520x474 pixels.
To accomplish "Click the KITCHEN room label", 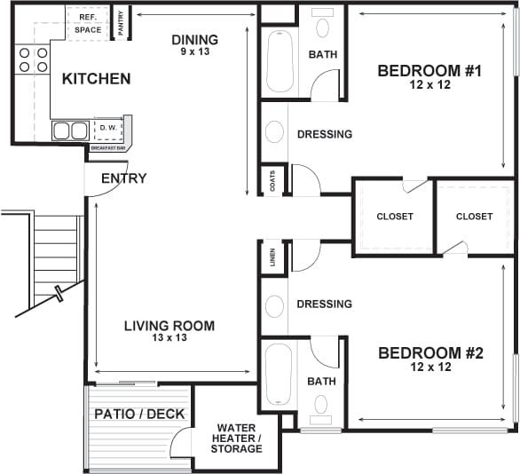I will click(96, 79).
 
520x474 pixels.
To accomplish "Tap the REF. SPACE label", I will click(87, 22).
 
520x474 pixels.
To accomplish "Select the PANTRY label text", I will click(122, 23).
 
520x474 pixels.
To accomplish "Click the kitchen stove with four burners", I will click(32, 59).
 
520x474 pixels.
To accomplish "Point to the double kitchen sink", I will click(70, 131).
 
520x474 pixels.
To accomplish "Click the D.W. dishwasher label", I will click(107, 128).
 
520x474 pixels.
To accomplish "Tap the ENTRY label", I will click(123, 178).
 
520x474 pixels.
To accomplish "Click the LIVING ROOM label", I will click(169, 331).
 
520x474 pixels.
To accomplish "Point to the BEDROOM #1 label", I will click(429, 77).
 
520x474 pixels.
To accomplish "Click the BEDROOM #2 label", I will click(430, 359).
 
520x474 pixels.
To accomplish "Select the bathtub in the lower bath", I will click(277, 374).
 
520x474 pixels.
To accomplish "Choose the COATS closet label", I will click(272, 181).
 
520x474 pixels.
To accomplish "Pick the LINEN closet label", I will click(272, 257).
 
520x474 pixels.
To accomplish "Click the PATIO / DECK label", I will click(139, 414).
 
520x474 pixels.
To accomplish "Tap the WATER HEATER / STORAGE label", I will click(236, 438).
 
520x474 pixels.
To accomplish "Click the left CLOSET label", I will click(395, 217).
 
